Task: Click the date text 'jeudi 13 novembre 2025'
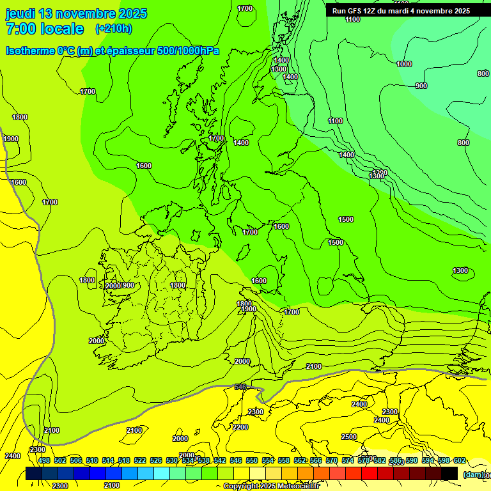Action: point(76,13)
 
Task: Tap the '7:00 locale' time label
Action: point(45,29)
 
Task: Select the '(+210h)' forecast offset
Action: point(113,29)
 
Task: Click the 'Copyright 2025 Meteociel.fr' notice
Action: point(271,487)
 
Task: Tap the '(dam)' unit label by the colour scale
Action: point(473,474)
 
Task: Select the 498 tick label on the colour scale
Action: point(44,460)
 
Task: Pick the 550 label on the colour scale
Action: point(252,460)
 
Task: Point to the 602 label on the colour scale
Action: point(460,460)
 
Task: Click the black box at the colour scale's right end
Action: point(449,473)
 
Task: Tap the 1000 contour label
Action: point(404,64)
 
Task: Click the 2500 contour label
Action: point(349,437)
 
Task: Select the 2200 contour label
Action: point(240,427)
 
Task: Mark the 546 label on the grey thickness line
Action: point(240,387)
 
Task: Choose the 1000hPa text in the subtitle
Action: point(201,51)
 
